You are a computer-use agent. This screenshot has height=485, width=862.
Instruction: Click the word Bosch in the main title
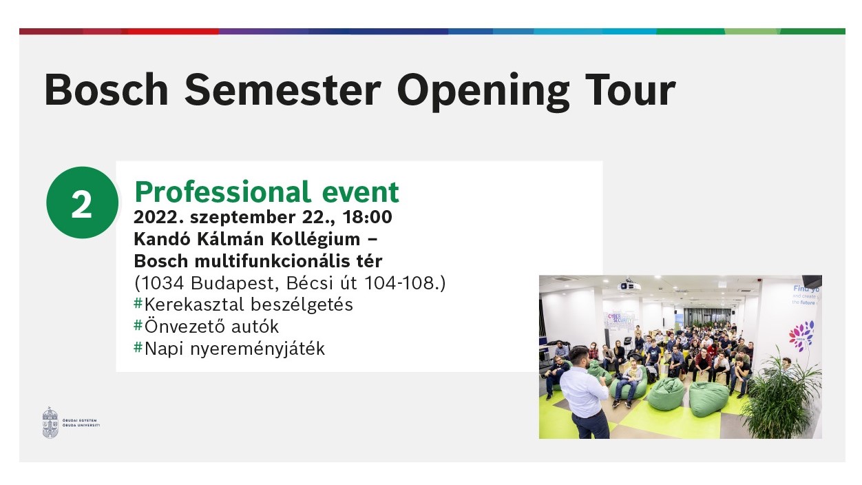(x=106, y=90)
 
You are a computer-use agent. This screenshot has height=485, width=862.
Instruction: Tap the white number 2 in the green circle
(x=82, y=204)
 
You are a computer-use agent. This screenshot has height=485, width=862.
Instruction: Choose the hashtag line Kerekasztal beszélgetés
(x=243, y=305)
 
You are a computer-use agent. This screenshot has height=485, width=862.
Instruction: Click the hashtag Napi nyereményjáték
(x=229, y=349)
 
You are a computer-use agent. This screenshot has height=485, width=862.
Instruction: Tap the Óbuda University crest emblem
(x=50, y=422)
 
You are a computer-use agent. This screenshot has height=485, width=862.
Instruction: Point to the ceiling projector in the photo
(x=627, y=285)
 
